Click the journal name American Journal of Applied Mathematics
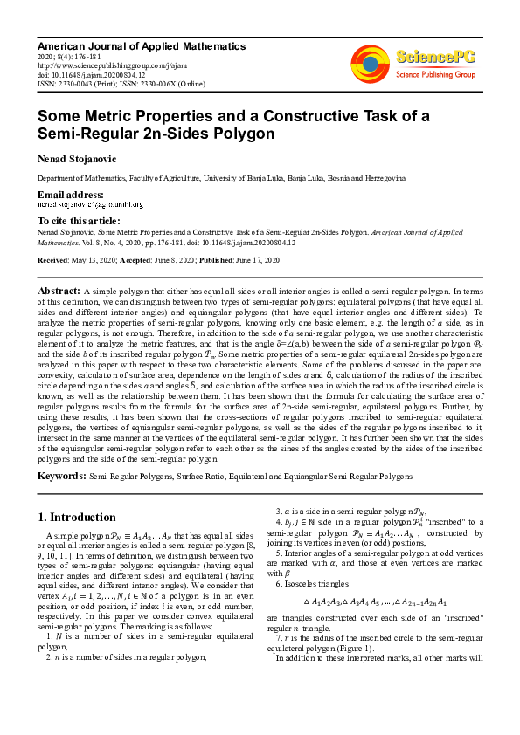(141, 46)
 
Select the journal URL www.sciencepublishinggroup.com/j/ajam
(101, 65)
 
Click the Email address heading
(70, 194)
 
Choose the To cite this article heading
(79, 222)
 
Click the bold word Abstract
(59, 289)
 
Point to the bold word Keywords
(61, 477)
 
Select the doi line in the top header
(91, 74)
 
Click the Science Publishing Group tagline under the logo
(435, 75)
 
